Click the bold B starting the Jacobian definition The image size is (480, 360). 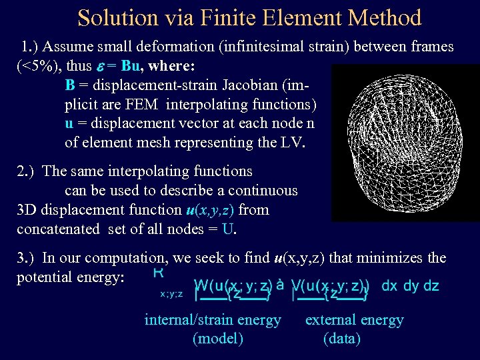[70, 86]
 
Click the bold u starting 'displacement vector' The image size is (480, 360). [69, 123]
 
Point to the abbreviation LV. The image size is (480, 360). [293, 143]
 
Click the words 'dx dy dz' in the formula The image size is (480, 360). [410, 286]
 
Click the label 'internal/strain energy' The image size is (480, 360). [213, 320]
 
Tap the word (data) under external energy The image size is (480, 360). [341, 339]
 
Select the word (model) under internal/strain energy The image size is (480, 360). [217, 339]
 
